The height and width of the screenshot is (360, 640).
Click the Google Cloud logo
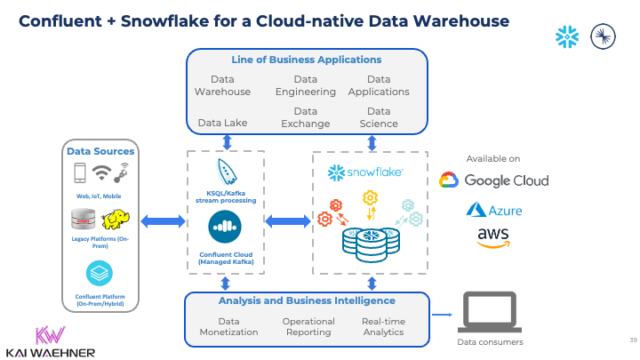point(494,180)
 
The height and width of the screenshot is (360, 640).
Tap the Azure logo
point(493,210)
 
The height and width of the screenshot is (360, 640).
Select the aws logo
point(493,237)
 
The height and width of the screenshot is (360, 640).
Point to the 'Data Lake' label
point(222,124)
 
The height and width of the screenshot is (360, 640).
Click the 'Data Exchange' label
point(306,117)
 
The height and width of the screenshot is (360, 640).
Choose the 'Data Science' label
point(379,117)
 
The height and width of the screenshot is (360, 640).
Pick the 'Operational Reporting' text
point(308,326)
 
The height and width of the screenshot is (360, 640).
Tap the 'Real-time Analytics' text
point(382,326)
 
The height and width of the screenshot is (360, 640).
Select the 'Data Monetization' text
point(228,326)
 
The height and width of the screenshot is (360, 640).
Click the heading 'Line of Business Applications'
point(307,60)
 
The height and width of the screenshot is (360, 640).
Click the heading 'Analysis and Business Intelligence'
point(307,300)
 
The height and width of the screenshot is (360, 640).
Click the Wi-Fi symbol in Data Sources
point(101,172)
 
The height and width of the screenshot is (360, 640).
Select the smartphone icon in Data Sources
point(79,172)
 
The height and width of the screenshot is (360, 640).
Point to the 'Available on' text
point(492,158)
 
